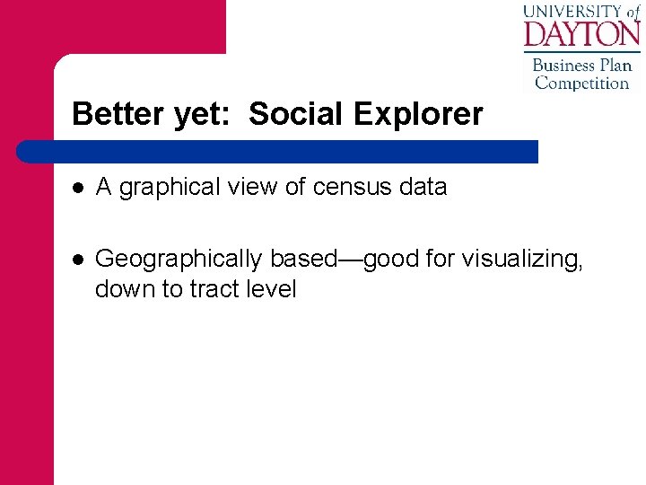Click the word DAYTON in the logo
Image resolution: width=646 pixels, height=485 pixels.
click(x=581, y=35)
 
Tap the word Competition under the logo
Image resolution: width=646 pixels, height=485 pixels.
click(x=582, y=84)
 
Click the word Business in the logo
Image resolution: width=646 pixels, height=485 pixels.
click(x=563, y=66)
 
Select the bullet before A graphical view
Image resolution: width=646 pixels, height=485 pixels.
click(x=79, y=187)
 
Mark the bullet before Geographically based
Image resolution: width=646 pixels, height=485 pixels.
click(x=79, y=259)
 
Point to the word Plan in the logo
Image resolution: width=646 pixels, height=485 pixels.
click(x=616, y=66)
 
